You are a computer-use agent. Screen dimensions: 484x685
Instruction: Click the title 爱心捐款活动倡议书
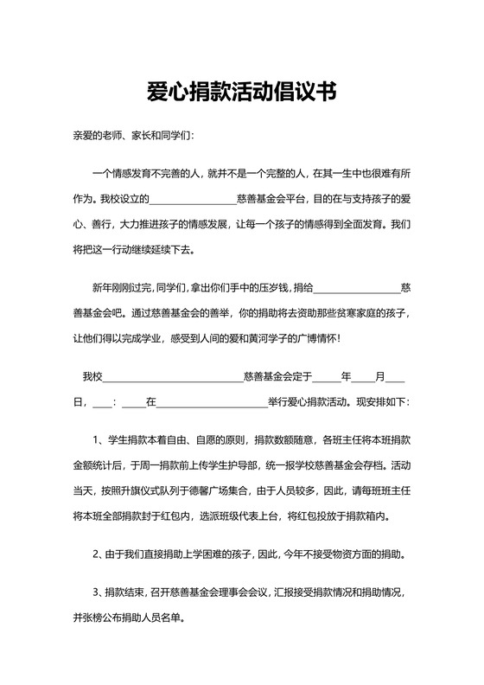point(241,90)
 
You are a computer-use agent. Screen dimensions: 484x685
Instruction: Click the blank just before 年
point(327,378)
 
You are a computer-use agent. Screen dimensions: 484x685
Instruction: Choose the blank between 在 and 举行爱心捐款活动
point(212,402)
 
